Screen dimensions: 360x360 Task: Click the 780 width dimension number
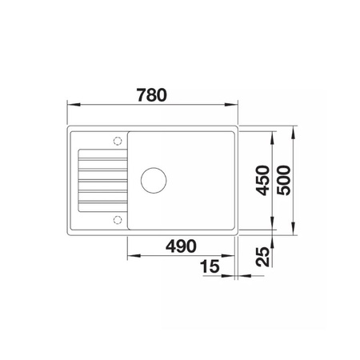click(152, 95)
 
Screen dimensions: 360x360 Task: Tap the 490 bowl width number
click(181, 246)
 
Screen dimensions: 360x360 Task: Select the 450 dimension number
click(262, 180)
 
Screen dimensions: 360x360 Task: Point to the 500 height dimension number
click(283, 180)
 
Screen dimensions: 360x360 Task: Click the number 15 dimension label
click(210, 266)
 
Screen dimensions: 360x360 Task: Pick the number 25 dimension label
click(262, 257)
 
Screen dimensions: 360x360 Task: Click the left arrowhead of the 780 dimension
click(74, 105)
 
